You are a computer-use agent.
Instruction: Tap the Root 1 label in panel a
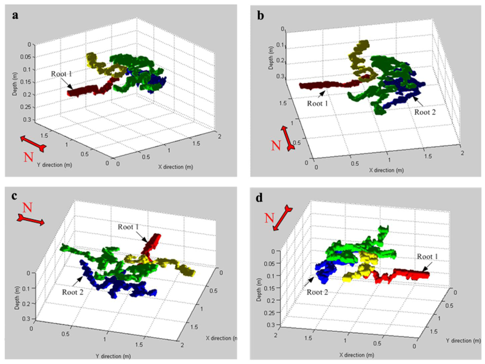click(62, 74)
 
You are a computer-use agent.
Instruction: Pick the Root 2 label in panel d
click(318, 292)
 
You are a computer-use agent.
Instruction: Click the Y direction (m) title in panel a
click(52, 165)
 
